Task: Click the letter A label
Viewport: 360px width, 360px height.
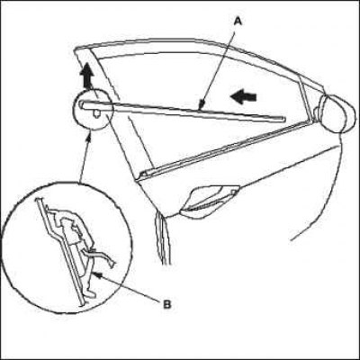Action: tap(238, 22)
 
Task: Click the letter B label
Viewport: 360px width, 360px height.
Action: tap(167, 305)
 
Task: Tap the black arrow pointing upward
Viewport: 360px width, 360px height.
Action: tap(86, 76)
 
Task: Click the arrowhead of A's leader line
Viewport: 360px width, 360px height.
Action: tap(202, 105)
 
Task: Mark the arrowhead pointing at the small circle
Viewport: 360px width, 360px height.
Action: tap(89, 138)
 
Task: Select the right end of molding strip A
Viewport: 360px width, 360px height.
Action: tap(282, 120)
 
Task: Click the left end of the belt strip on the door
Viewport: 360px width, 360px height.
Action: tap(144, 174)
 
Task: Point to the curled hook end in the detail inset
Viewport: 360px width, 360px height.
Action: tap(112, 264)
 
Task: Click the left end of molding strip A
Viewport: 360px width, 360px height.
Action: tap(83, 103)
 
